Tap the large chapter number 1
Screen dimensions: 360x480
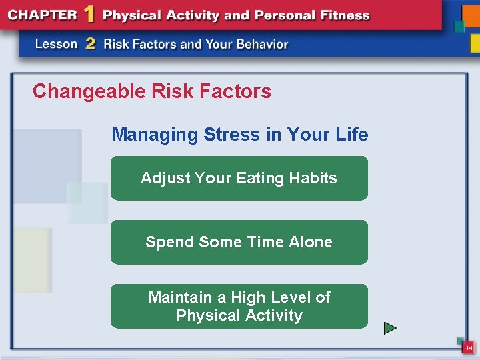coord(89,15)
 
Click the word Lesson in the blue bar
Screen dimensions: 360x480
coord(57,44)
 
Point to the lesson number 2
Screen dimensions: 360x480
coord(90,44)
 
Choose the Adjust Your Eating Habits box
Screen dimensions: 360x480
coord(239,178)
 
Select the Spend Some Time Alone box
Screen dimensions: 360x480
coord(239,242)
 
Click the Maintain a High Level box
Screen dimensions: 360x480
coord(239,306)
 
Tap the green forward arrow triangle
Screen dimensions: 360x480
coord(390,328)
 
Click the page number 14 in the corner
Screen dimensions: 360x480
coord(469,348)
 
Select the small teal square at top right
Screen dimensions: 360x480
coord(459,27)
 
